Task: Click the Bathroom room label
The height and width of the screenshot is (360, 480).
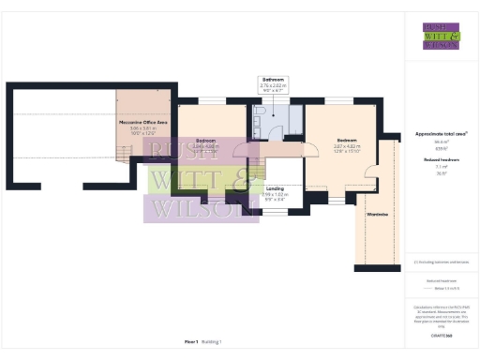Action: pyautogui.click(x=275, y=80)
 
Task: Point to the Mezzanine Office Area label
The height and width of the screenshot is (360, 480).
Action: pyautogui.click(x=142, y=122)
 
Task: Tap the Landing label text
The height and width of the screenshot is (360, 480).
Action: pyautogui.click(x=275, y=188)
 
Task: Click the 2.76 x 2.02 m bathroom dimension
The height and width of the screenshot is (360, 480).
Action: pyautogui.click(x=275, y=86)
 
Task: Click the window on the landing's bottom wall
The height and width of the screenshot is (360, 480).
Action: pyautogui.click(x=275, y=212)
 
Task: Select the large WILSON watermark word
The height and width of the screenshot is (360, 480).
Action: pyautogui.click(x=200, y=208)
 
